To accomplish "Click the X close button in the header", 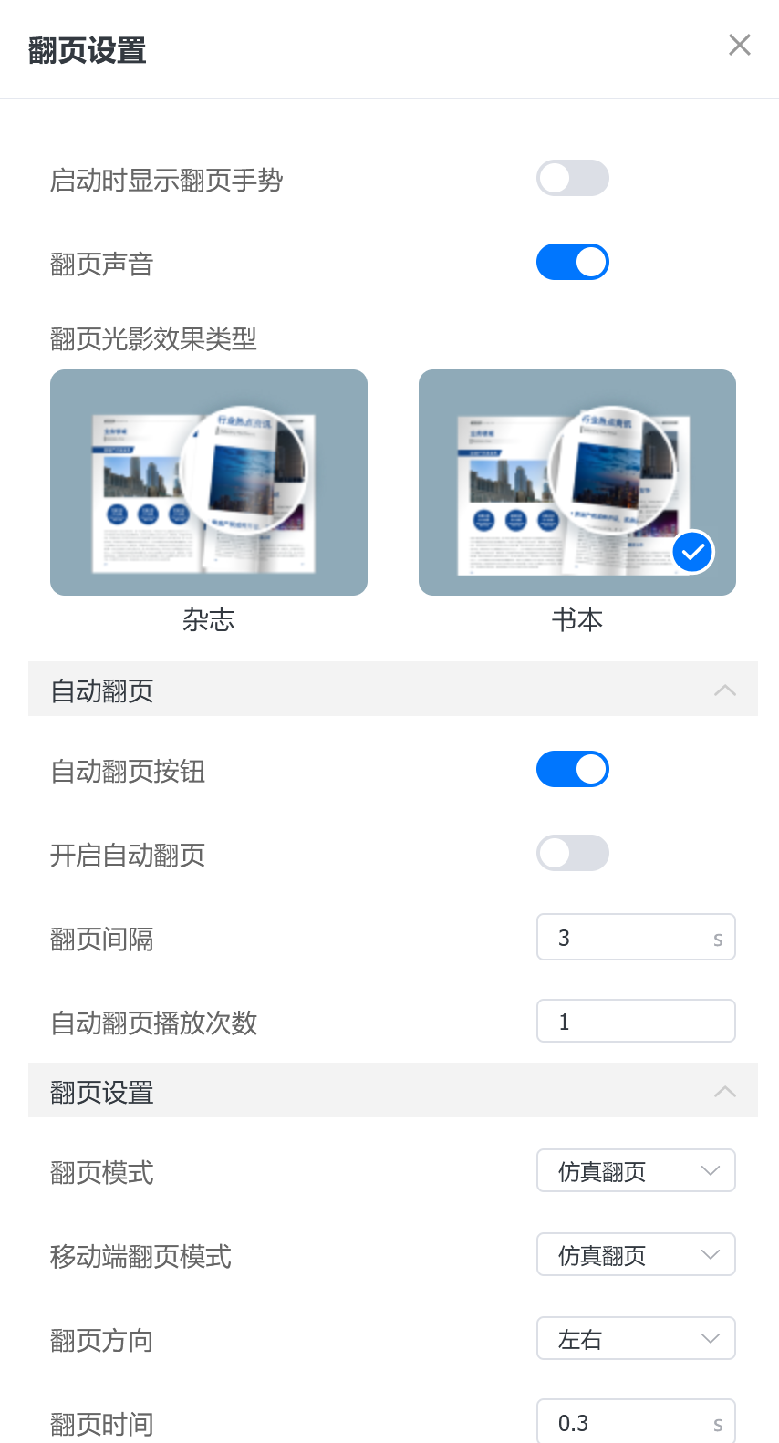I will point(739,45).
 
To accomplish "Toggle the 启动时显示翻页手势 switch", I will point(572,178).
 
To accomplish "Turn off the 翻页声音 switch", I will point(572,262).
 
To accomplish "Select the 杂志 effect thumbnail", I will point(208,482).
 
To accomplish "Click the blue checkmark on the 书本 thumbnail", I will point(692,552).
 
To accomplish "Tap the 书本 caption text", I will point(576,620).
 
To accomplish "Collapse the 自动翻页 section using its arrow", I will point(724,690).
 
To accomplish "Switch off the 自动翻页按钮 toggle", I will point(572,769).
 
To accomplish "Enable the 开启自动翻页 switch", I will point(572,853).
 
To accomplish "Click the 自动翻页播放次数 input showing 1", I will point(635,1022).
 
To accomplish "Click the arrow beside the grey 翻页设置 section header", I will point(724,1092).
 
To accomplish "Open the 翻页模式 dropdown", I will point(635,1171).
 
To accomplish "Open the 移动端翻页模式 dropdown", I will point(635,1255).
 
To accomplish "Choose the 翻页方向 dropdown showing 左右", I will point(635,1339).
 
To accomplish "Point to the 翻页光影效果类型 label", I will point(153,339).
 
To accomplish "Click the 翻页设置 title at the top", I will point(88,51).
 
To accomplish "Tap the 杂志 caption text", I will point(208,620).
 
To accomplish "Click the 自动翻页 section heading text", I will point(102,691).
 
